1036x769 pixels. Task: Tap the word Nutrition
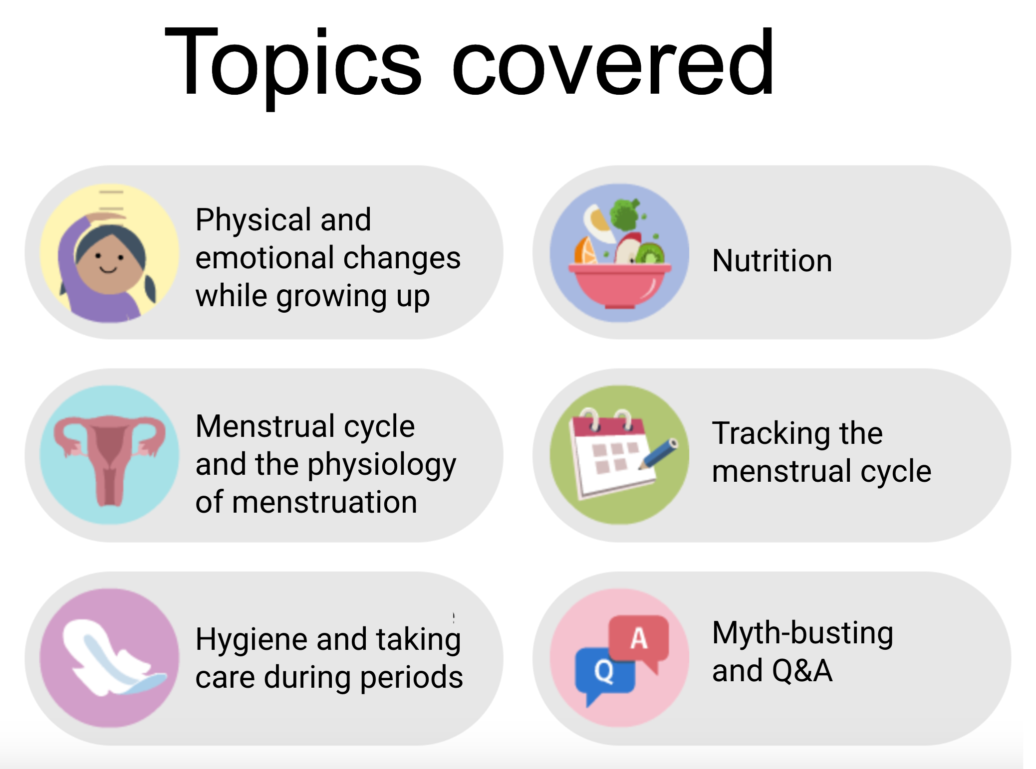click(772, 260)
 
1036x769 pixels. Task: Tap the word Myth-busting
click(802, 633)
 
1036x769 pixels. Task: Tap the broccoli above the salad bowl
click(624, 214)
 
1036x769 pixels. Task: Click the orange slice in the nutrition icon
click(585, 251)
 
